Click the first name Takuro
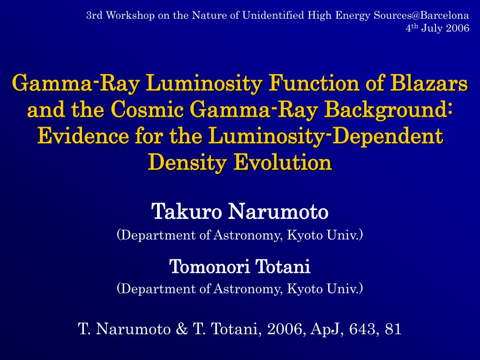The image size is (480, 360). tap(187, 212)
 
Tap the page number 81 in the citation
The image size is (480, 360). tap(393, 329)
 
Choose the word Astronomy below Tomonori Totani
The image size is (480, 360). tap(247, 288)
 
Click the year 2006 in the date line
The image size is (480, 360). tap(457, 28)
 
